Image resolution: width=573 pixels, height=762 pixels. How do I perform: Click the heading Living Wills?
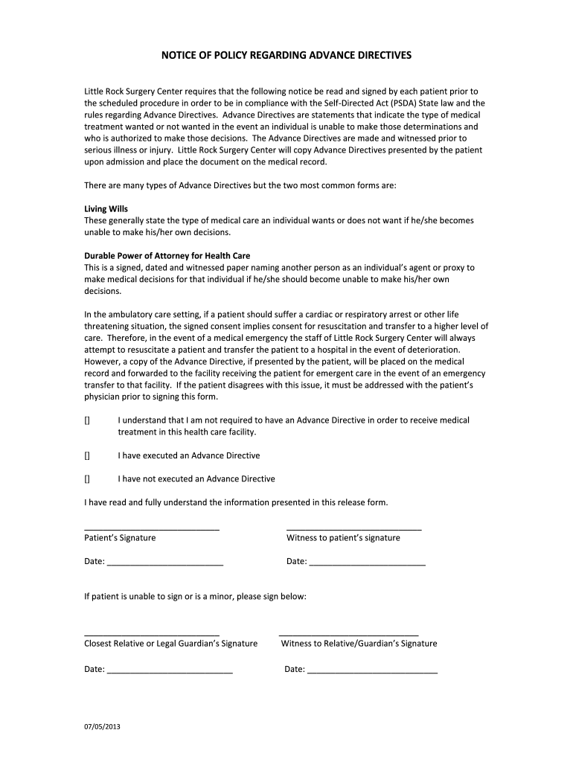coord(106,209)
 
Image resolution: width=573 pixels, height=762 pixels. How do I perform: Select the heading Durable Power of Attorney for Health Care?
coord(167,255)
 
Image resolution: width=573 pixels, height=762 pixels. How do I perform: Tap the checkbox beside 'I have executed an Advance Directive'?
coord(87,455)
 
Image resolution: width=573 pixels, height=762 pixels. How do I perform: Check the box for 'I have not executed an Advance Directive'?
coord(87,478)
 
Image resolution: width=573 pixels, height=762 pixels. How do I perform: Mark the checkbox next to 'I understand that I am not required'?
coord(87,420)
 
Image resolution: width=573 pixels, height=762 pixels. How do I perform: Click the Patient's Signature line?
coord(151,527)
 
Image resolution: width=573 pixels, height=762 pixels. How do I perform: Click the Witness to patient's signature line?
coord(353,527)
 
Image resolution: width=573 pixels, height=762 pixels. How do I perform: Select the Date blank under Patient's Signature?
coord(164,564)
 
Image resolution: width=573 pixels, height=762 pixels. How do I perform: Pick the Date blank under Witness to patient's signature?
coord(367,564)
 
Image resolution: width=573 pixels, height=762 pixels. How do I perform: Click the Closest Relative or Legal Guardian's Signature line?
coord(151,633)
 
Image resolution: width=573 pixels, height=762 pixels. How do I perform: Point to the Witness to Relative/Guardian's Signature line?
coord(348,633)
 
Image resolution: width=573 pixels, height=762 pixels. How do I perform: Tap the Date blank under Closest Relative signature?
coord(170,672)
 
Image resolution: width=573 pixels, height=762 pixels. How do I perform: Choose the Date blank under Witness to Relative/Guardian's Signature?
coord(372,672)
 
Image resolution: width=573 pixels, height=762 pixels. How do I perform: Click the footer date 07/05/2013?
coord(102,727)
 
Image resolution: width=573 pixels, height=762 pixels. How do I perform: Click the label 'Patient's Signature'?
coord(120,538)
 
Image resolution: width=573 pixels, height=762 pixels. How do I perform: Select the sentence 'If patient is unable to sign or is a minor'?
coord(195,597)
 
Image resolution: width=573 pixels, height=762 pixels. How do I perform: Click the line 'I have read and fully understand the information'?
coord(236,502)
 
